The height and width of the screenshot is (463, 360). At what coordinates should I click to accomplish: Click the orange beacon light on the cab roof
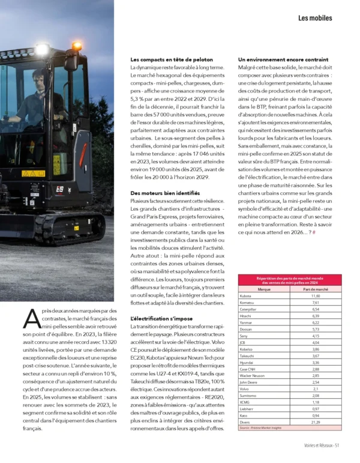[x=77, y=46]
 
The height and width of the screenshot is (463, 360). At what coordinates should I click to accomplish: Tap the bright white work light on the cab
[x=41, y=50]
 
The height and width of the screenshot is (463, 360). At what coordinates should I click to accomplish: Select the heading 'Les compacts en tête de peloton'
[x=170, y=60]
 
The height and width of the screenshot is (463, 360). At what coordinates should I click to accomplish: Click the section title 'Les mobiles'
[x=315, y=19]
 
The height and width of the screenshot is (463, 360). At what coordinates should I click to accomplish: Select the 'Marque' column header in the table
[x=263, y=289]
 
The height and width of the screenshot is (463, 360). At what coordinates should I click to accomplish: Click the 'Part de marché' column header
[x=316, y=289]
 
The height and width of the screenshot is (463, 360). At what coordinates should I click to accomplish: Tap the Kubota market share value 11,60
[x=316, y=296]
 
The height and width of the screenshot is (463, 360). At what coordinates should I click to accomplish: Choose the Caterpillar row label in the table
[x=249, y=309]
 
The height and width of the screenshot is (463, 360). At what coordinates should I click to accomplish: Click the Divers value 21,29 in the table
[x=316, y=422]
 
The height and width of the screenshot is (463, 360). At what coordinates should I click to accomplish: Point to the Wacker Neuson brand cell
[x=252, y=375]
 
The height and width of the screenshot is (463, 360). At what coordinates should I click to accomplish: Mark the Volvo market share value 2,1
[x=316, y=389]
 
